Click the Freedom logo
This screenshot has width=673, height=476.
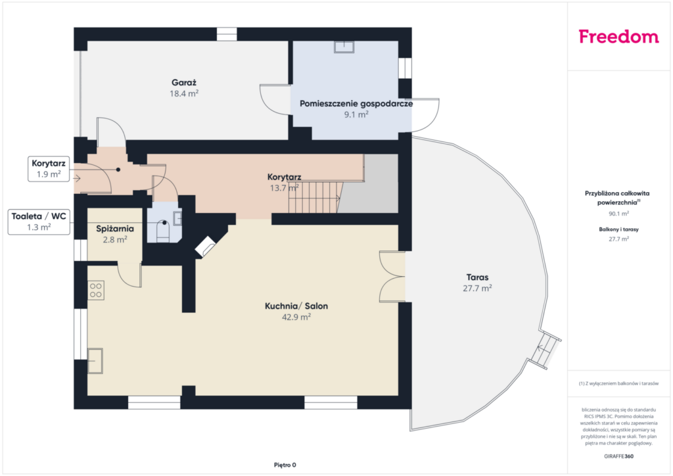(618, 36)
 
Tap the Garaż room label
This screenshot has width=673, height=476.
(184, 82)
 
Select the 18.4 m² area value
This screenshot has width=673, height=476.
(184, 93)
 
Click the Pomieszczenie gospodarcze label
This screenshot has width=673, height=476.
(356, 103)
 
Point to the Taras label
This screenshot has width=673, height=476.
(477, 277)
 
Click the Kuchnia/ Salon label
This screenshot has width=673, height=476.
(296, 306)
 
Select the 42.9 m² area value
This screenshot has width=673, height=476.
(296, 317)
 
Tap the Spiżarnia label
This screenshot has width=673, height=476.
(115, 229)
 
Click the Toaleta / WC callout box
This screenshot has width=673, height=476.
(39, 222)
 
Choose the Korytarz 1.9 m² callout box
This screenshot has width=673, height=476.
(49, 169)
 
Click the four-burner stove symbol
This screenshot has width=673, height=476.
(96, 290)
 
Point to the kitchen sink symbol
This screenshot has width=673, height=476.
(95, 360)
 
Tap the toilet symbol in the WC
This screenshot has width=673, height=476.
(163, 231)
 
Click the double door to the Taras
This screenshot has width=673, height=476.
(392, 276)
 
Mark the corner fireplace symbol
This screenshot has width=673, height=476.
(206, 247)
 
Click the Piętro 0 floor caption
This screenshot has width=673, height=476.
(285, 465)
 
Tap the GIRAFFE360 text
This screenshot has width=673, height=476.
(618, 456)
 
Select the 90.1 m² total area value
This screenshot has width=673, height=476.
(618, 213)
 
